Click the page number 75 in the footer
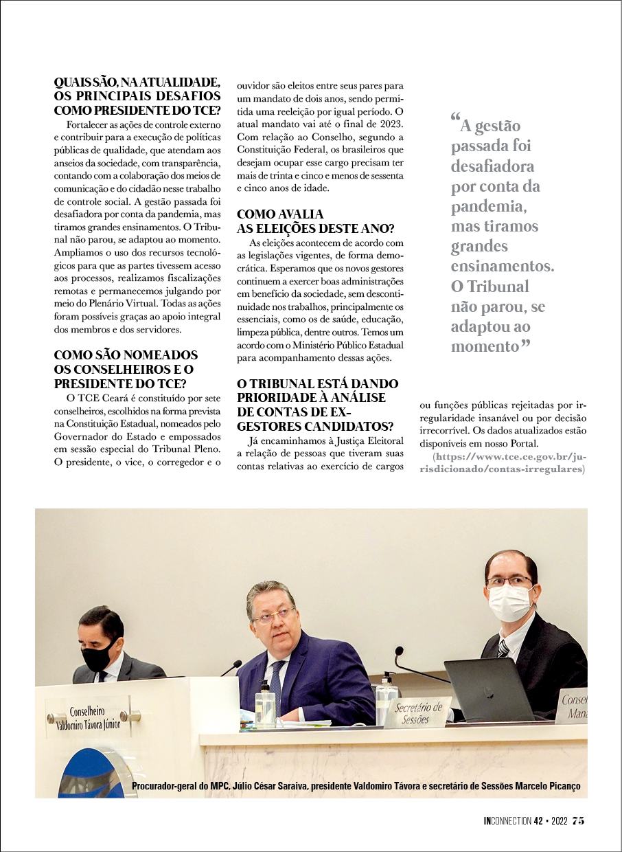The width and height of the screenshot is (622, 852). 578,820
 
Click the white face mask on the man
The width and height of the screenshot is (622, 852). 510,603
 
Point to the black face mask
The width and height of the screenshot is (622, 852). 98,655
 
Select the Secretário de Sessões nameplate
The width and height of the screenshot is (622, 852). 417,713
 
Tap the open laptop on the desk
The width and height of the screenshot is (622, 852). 489,688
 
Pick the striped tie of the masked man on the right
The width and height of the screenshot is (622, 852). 503,647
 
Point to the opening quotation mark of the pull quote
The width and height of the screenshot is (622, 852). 456,118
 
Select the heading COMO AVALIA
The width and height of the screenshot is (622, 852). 280,214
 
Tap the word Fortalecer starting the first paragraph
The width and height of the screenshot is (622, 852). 90,125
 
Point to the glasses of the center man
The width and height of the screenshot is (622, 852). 275,613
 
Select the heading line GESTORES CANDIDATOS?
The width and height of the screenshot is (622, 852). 315,426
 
